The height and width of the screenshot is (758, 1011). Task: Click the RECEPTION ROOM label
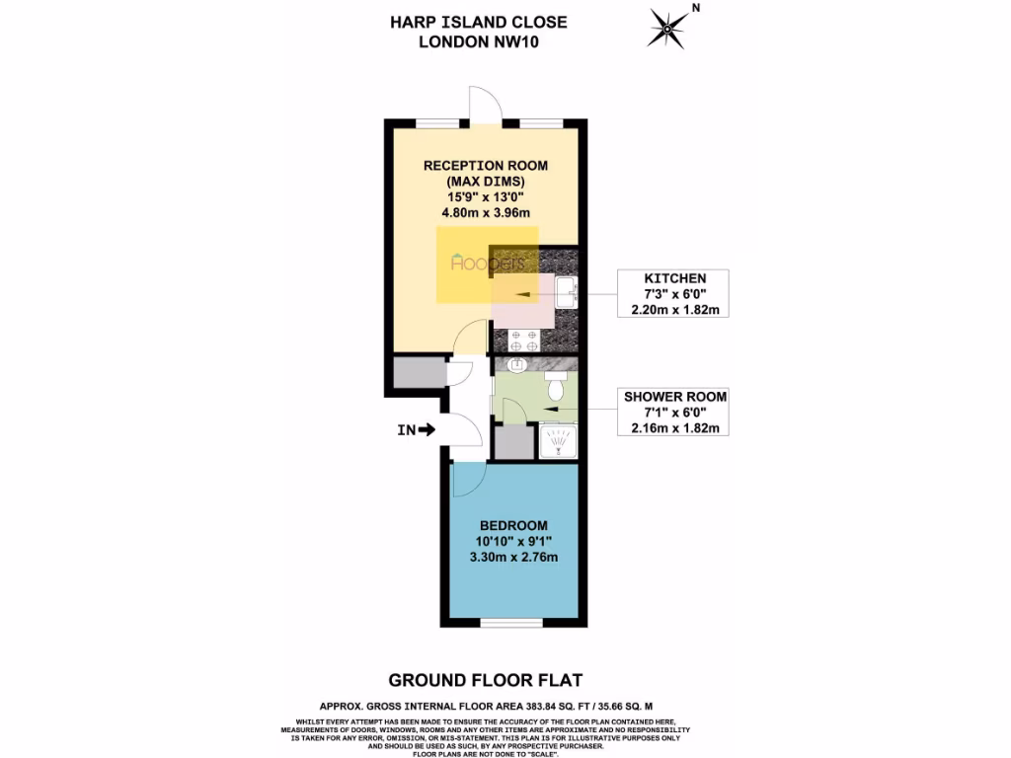486,165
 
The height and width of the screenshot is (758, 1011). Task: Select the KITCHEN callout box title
673,279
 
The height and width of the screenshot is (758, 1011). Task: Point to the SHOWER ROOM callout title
674,397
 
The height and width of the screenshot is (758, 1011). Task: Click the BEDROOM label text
512,525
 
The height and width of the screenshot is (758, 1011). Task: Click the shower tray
558,441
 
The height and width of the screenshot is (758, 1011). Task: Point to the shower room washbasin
516,365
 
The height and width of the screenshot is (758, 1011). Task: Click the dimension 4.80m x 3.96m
486,212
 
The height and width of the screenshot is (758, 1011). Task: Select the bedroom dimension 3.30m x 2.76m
512,558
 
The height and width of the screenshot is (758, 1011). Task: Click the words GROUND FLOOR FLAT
485,680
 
